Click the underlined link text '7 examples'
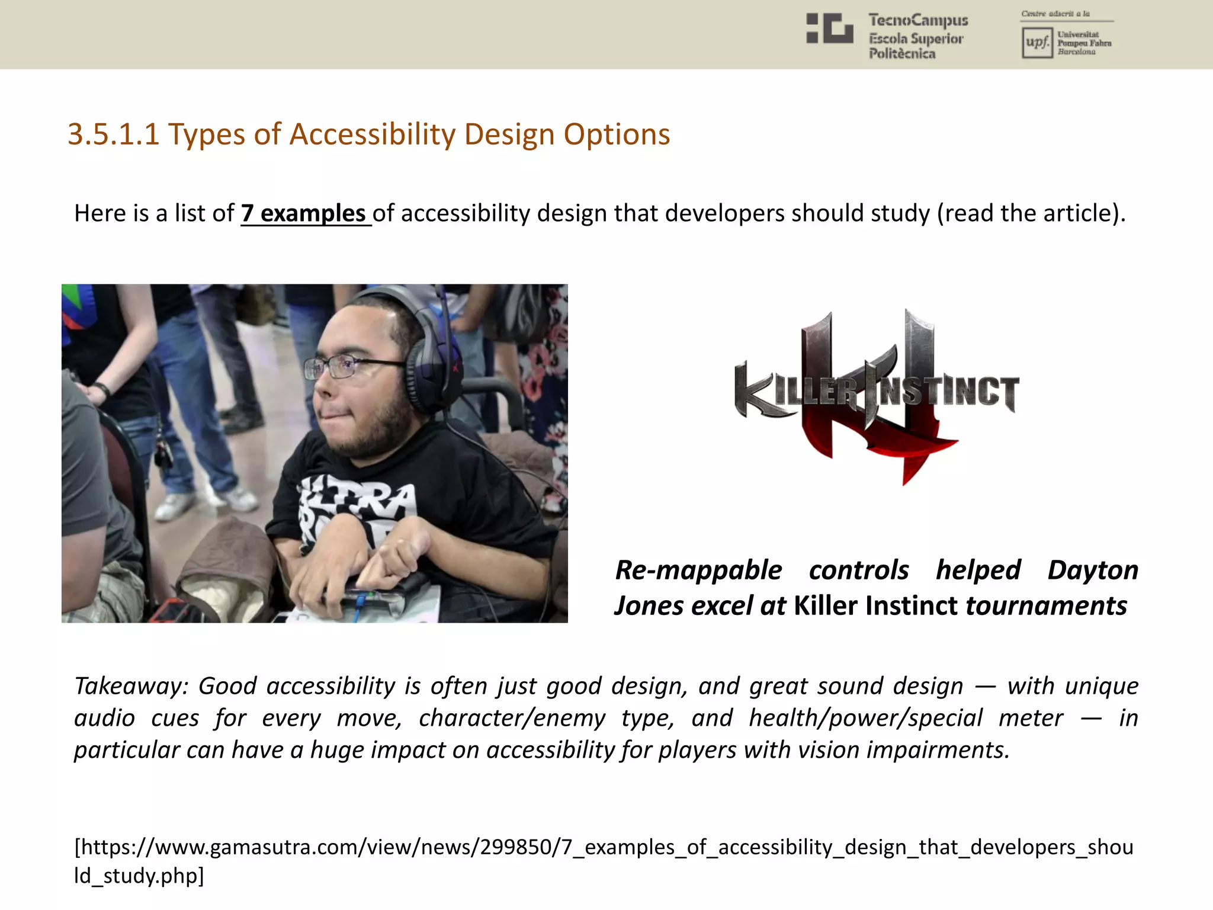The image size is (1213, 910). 305,213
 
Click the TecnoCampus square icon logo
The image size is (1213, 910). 829,28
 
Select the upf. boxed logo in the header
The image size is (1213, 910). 1037,43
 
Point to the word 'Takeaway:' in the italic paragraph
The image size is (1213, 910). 131,686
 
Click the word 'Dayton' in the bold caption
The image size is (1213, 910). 1093,570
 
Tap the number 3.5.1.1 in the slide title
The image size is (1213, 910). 113,134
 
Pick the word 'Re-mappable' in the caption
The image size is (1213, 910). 698,570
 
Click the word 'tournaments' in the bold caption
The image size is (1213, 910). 1046,606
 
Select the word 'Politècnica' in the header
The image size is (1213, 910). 902,54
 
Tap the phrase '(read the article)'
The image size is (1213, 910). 1031,213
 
